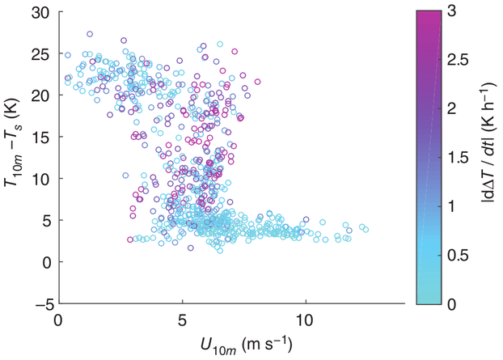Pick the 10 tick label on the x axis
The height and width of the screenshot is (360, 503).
pyautogui.click(x=305, y=320)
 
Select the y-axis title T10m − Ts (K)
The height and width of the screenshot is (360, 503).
pyautogui.click(x=12, y=155)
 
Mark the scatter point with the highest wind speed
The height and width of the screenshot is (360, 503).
pyautogui.click(x=366, y=229)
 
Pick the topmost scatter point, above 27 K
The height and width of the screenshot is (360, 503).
pyautogui.click(x=90, y=35)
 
